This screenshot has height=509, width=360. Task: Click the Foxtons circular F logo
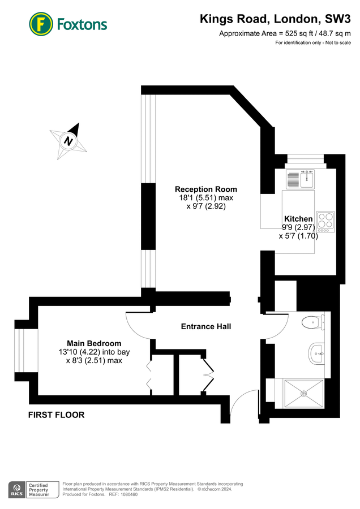click(x=41, y=24)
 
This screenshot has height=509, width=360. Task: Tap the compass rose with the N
click(x=69, y=141)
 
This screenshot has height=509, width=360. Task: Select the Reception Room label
click(x=206, y=189)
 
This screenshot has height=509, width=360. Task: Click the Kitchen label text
click(x=298, y=219)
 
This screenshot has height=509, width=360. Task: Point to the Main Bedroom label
click(x=94, y=343)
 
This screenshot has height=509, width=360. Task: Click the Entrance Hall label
click(x=206, y=326)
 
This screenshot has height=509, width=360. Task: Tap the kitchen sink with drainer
click(x=299, y=179)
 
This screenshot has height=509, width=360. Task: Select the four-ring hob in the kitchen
click(x=325, y=221)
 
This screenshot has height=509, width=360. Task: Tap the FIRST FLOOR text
click(x=57, y=415)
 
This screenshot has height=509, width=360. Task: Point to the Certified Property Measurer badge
click(x=44, y=489)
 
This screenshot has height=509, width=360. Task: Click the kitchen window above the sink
click(x=305, y=158)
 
